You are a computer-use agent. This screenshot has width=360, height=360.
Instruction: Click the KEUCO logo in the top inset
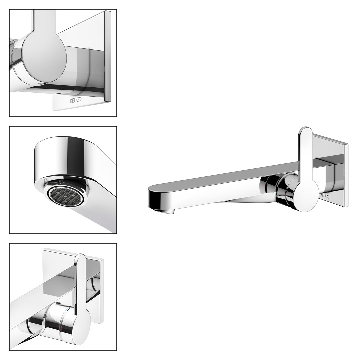pos(76,100)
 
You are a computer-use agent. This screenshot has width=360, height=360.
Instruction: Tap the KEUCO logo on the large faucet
pos(325,196)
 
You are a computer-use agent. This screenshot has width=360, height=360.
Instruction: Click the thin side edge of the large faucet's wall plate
pos(346,176)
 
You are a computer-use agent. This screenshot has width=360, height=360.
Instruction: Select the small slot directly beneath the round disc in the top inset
pos(41,84)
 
